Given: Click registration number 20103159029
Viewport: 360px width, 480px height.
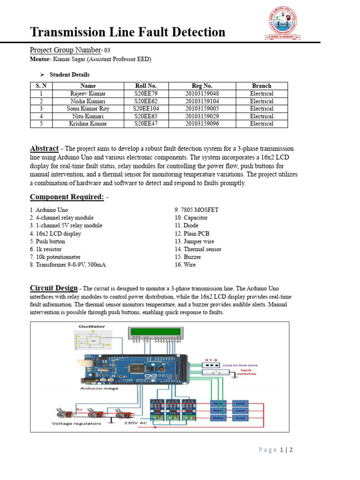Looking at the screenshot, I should pyautogui.click(x=202, y=116).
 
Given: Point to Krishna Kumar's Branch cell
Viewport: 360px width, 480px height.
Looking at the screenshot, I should pyautogui.click(x=261, y=124).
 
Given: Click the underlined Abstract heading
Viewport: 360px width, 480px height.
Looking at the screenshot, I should pyautogui.click(x=44, y=148).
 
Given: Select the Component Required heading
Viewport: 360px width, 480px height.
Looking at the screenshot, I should pyautogui.click(x=67, y=197).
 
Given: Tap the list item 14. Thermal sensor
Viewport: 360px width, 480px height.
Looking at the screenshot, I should pyautogui.click(x=198, y=249).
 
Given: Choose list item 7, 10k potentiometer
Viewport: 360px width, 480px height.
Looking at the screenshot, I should pyautogui.click(x=55, y=257).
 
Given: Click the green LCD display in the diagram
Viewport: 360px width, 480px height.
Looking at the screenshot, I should pyautogui.click(x=155, y=331).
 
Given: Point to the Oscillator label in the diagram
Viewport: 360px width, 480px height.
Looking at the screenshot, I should pyautogui.click(x=92, y=326).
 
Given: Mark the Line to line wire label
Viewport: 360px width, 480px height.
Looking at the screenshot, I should pyautogui.click(x=240, y=365).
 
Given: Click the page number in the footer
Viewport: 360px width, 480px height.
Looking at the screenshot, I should pyautogui.click(x=276, y=450).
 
